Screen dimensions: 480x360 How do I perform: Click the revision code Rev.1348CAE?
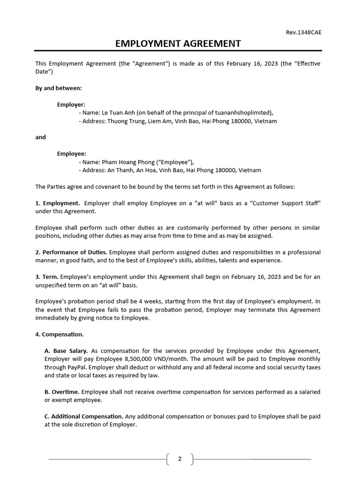pos(304,32)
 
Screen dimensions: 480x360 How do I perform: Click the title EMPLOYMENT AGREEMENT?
pos(178,44)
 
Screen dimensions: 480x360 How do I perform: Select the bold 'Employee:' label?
pos(71,154)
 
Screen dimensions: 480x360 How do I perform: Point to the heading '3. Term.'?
pos(47,277)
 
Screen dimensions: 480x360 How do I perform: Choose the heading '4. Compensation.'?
pos(60,334)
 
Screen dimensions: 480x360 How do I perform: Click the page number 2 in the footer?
pos(180,459)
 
